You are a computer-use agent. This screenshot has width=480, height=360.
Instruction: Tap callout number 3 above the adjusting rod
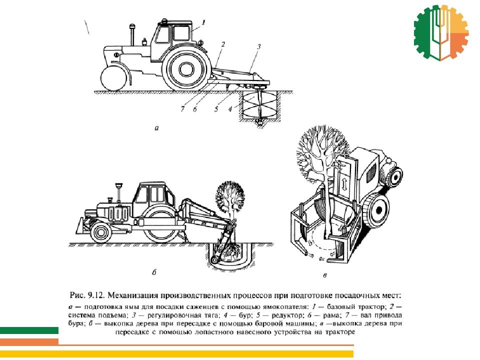[258, 47]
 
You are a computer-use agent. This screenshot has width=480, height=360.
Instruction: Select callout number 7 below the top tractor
[183, 108]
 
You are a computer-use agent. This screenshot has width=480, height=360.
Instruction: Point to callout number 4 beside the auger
[230, 108]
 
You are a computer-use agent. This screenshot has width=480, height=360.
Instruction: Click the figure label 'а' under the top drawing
[156, 128]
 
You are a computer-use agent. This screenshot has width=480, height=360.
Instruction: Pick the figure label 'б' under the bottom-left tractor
[154, 272]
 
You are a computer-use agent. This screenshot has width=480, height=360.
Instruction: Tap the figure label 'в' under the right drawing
[325, 275]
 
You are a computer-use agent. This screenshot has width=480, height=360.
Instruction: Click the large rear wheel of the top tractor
[186, 69]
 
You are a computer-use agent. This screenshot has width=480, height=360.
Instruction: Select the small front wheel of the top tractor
[114, 78]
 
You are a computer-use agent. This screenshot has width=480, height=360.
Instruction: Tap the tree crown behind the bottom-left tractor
[230, 196]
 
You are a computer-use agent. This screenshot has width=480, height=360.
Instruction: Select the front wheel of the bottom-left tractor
[100, 232]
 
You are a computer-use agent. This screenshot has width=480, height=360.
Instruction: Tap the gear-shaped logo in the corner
[441, 32]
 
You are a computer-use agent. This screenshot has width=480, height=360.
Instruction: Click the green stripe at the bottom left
[29, 330]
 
